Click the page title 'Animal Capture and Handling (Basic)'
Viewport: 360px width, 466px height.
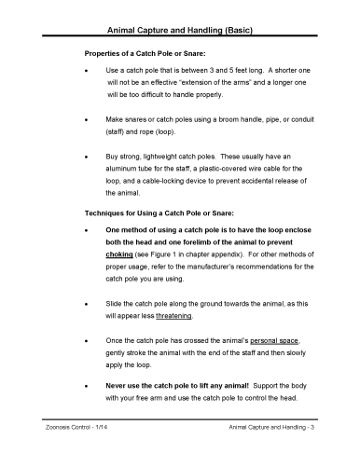pos(180,32)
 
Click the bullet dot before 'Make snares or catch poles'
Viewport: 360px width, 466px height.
pos(87,120)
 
